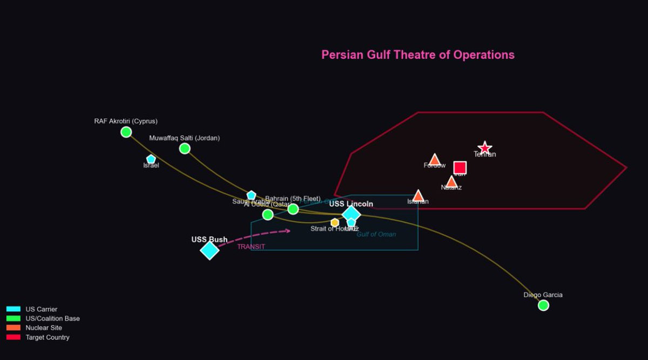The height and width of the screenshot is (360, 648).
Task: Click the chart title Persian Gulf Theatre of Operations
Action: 417,55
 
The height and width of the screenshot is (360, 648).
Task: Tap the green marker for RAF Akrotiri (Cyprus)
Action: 126,132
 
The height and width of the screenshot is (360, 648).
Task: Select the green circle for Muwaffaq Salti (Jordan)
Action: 185,148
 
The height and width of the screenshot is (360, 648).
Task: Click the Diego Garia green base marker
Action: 543,305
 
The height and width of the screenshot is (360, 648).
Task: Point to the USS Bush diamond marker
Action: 210,250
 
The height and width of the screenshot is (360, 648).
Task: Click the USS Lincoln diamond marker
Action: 351,214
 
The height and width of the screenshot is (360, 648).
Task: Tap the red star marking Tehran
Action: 485,148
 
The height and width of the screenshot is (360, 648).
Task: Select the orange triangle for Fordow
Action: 435,160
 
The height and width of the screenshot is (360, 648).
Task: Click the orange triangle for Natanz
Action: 451,182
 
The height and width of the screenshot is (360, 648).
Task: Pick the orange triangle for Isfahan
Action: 418,195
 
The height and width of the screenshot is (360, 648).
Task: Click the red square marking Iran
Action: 460,168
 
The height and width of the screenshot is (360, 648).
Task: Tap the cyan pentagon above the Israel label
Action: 151,159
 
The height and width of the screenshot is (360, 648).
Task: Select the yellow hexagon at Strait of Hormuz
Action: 335,222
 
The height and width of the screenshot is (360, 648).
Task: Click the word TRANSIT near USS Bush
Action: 251,247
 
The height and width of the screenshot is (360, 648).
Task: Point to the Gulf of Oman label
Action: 376,234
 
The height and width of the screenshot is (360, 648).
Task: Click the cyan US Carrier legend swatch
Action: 13,309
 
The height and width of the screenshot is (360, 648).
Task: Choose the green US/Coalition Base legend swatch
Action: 13,318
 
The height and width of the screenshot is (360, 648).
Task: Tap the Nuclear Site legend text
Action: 44,328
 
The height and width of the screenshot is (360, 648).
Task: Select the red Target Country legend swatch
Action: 13,337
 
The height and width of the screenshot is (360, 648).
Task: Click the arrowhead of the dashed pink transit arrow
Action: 288,231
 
